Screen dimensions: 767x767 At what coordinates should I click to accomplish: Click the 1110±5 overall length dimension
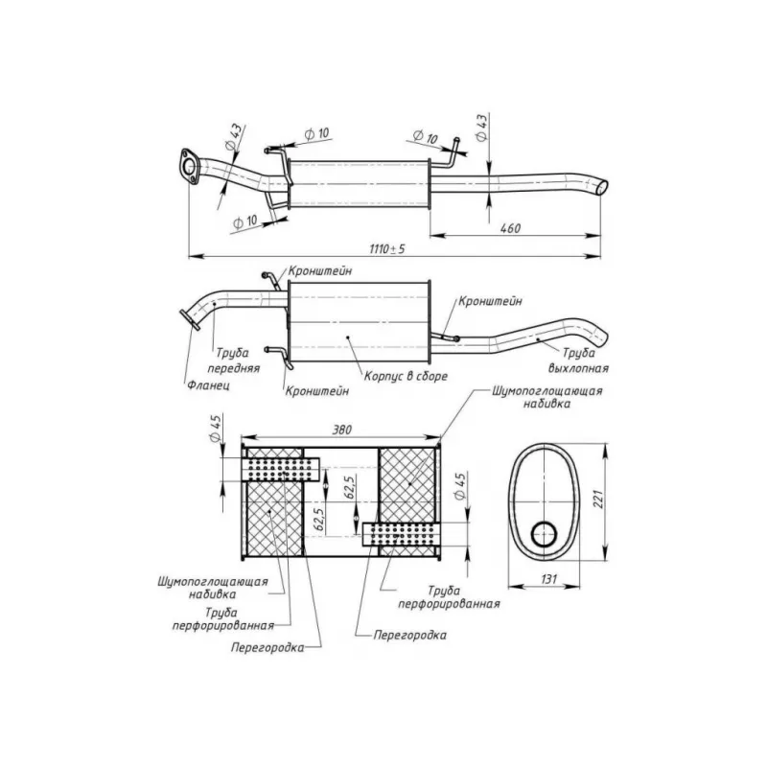click(x=387, y=249)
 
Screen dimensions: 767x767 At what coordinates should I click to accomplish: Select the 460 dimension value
click(x=510, y=228)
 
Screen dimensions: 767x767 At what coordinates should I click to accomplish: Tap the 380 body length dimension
click(x=342, y=430)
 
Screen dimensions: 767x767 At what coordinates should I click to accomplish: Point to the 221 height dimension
click(x=598, y=498)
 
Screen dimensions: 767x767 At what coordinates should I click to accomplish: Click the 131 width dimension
click(x=549, y=579)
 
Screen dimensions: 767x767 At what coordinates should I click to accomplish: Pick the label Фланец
click(x=208, y=385)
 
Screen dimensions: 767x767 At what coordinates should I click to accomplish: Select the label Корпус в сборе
click(x=406, y=376)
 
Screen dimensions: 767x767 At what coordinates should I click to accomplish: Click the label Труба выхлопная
click(x=579, y=360)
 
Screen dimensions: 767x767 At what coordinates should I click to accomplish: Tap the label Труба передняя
click(x=233, y=360)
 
